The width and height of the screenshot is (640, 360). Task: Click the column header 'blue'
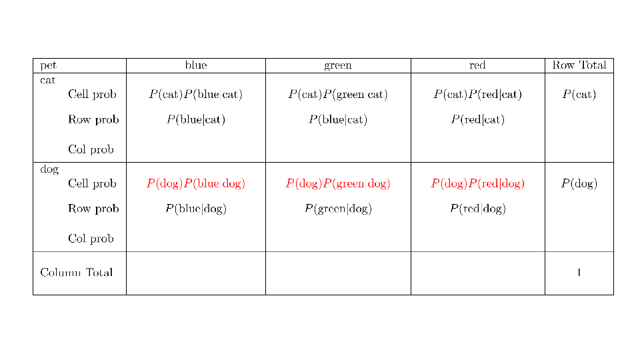click(196, 65)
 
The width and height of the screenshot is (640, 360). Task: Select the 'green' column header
click(338, 65)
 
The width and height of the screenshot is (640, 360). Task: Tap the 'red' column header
click(477, 65)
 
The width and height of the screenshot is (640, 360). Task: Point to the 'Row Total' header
click(579, 65)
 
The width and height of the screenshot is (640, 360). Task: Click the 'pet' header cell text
click(49, 65)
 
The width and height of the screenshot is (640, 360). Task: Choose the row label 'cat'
click(48, 80)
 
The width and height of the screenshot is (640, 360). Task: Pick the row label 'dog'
click(49, 169)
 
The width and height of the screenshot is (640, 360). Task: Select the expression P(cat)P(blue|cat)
click(196, 95)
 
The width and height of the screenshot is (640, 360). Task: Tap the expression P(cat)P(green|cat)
click(338, 95)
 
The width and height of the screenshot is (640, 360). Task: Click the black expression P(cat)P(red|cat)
click(477, 95)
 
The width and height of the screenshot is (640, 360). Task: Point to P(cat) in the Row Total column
click(579, 95)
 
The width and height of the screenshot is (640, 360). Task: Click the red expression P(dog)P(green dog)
click(338, 183)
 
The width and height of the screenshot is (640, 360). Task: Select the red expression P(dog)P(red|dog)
click(477, 183)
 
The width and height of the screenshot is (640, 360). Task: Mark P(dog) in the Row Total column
click(579, 183)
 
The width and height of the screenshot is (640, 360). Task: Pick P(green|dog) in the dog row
click(338, 209)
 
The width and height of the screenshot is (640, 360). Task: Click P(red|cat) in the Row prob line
click(477, 120)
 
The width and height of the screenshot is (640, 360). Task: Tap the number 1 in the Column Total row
click(579, 272)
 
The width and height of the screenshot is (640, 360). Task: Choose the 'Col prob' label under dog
click(91, 239)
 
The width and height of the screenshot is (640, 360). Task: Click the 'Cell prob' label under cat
click(92, 95)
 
